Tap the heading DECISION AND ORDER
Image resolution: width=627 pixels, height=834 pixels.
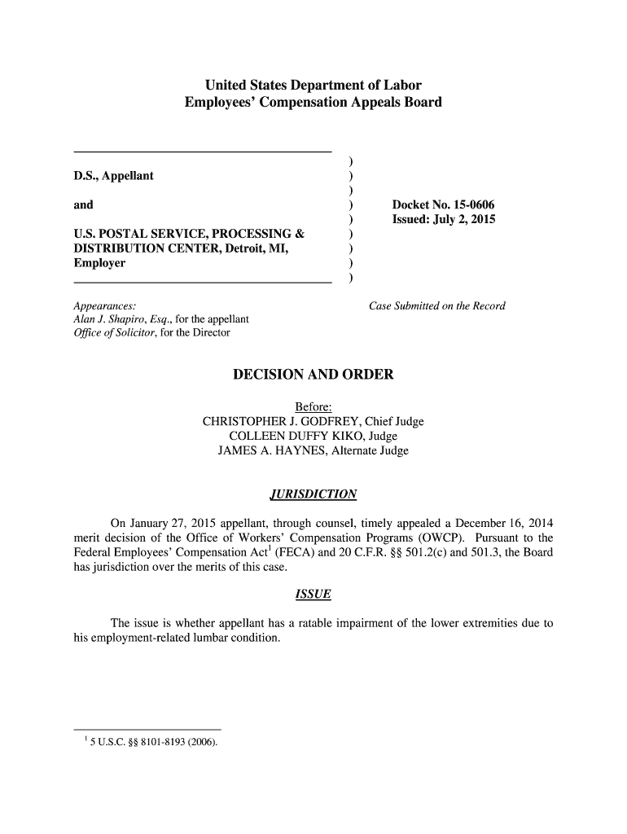313,375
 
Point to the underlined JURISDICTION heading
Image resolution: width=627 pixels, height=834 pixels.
313,495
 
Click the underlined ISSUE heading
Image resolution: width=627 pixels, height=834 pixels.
313,595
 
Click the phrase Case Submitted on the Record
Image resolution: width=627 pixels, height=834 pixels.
437,306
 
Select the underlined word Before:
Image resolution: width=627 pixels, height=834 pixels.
313,407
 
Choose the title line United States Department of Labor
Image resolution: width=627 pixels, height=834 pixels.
313,86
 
